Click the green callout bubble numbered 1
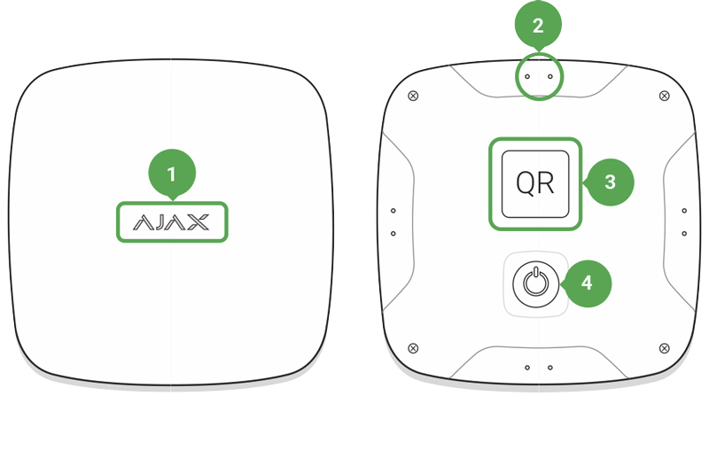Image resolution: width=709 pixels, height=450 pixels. pos(172,174)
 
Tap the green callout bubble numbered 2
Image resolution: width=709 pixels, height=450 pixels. pos(538,26)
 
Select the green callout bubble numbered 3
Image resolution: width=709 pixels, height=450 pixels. pos(610,182)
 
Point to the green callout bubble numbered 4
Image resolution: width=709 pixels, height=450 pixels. pos(587,283)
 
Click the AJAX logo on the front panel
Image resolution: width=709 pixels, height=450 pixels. pos(171,222)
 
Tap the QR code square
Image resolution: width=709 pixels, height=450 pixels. pos(535,184)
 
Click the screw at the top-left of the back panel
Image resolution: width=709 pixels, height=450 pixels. pos(413,96)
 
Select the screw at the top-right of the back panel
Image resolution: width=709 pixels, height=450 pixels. pos(664,96)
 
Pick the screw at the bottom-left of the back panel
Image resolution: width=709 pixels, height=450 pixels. pos(413,348)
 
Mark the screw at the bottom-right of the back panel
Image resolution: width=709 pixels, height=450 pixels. pos(664,348)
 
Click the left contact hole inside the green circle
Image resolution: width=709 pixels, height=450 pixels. pos(527,77)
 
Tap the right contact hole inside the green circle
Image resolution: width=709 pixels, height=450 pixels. pos(550,77)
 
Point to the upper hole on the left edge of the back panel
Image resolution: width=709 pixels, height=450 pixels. pos(393,211)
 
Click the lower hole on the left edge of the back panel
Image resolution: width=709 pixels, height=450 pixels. pos(393,234)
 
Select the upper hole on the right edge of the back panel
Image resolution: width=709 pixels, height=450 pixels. pos(684,211)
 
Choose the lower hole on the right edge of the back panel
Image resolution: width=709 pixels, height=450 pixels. pos(684,234)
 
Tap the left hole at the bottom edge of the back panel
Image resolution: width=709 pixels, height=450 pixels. pos(527,368)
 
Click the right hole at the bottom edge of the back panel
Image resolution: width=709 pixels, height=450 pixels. pos(550,368)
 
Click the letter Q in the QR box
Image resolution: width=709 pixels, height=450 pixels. pos(525,184)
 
